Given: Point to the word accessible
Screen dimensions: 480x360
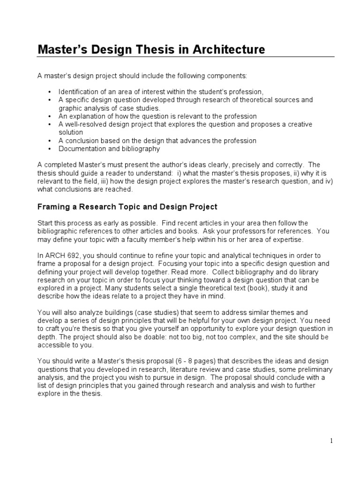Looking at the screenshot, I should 54,345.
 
